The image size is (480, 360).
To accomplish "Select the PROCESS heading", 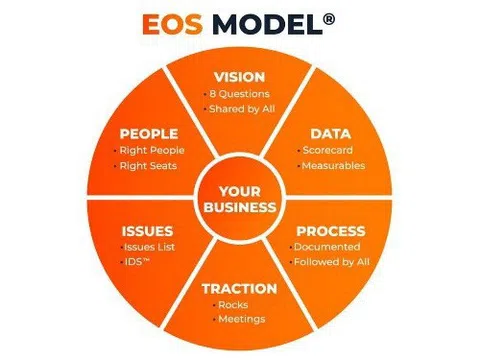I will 330,230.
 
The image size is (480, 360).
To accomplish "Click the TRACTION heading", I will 239,289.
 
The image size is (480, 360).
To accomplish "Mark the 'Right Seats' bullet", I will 151,166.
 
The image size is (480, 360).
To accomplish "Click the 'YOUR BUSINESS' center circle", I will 239,199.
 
